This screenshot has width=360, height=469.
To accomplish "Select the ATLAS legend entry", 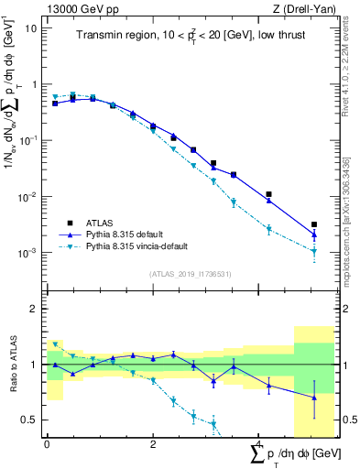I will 115,221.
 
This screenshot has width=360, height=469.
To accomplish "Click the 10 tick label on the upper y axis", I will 30,27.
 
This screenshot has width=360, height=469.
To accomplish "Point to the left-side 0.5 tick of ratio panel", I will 32,420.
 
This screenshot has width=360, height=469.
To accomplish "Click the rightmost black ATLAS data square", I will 313,224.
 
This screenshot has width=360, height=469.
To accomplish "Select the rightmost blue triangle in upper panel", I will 313,235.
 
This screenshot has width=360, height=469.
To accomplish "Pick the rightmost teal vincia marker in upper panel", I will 313,251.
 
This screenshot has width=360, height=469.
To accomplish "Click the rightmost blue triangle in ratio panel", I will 313,398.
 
